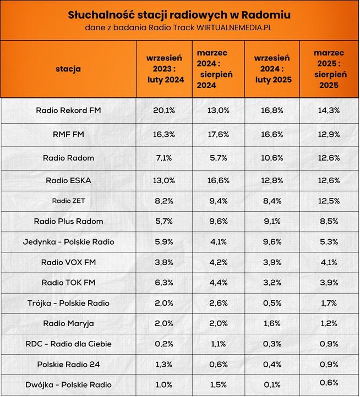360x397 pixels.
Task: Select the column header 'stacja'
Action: [68, 69]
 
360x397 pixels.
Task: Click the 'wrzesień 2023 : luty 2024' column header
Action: [165, 69]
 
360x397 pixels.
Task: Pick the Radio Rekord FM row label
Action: [68, 110]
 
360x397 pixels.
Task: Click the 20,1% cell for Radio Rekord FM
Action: [164, 110]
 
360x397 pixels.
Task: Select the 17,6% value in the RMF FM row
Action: [219, 134]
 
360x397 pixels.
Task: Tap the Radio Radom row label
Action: [68, 158]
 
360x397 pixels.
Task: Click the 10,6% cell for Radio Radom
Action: [273, 158]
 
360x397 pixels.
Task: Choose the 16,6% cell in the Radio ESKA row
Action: [219, 180]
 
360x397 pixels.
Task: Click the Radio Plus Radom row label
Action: [68, 221]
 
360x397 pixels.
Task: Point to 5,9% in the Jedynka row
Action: [164, 241]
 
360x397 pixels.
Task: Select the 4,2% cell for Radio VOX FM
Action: [219, 262]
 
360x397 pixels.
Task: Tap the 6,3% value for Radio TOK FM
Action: [164, 282]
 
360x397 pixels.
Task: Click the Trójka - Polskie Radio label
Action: [68, 303]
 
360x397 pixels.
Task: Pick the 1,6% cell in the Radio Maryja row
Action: [273, 323]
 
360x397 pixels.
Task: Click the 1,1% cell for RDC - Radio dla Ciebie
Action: [219, 344]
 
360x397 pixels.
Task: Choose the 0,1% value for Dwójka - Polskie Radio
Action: [273, 384]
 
